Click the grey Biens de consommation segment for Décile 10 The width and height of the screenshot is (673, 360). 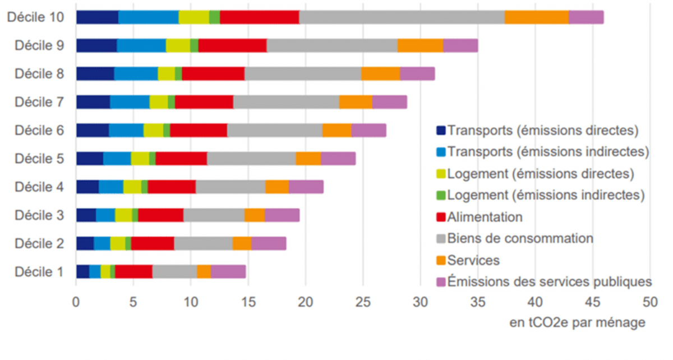[x=402, y=17]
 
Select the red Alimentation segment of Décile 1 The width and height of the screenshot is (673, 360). [x=133, y=271]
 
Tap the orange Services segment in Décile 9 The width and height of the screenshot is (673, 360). [x=420, y=45]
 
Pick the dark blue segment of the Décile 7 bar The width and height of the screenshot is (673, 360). [x=93, y=101]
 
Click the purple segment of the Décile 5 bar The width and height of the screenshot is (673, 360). [x=338, y=159]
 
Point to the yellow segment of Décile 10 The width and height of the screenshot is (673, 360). [x=194, y=17]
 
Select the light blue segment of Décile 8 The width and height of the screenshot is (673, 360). [x=136, y=73]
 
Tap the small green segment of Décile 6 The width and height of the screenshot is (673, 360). [x=167, y=130]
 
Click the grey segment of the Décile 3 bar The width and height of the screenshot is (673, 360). [x=214, y=215]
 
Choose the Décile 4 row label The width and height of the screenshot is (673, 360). [x=39, y=187]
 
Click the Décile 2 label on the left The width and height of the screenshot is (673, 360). [x=39, y=243]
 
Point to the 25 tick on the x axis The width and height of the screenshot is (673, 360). [x=363, y=302]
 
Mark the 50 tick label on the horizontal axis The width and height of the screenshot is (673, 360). [x=649, y=302]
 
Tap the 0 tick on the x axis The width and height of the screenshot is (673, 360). [x=76, y=302]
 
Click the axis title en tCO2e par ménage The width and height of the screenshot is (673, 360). [x=577, y=323]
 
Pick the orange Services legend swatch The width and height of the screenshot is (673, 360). [x=441, y=260]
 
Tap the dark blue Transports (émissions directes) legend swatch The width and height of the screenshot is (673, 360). [x=441, y=131]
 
